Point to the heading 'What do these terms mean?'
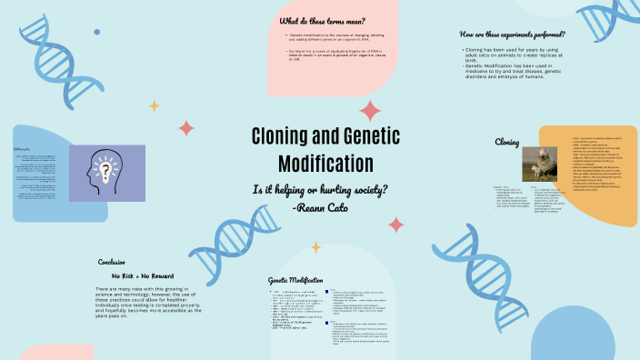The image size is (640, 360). [322, 20]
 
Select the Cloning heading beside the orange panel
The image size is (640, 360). [507, 142]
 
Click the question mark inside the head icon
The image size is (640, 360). [108, 169]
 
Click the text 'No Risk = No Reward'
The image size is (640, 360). [143, 275]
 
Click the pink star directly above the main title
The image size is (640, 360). [370, 111]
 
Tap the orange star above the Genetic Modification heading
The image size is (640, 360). [316, 246]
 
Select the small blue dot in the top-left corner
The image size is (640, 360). [97, 32]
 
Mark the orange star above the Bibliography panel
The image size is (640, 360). [155, 106]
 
